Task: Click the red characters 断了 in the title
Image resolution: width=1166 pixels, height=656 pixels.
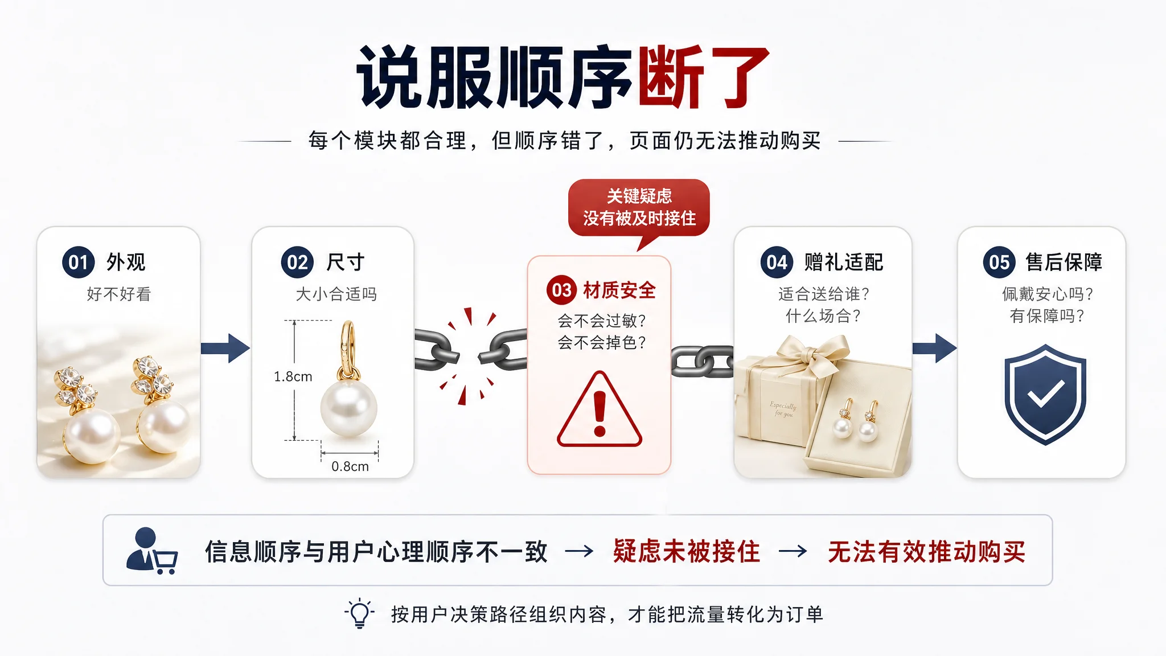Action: [x=704, y=77]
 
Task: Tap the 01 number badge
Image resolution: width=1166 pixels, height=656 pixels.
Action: [x=79, y=263]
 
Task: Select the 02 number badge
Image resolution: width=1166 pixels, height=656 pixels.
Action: [x=297, y=263]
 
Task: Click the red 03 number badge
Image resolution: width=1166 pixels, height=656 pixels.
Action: [x=562, y=290]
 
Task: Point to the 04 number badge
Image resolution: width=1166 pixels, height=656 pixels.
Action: [x=777, y=263]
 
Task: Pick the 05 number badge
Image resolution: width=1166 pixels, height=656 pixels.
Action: [x=999, y=263]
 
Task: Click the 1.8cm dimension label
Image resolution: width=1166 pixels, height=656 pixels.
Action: [x=293, y=376]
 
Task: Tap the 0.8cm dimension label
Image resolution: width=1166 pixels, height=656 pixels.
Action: [x=350, y=466]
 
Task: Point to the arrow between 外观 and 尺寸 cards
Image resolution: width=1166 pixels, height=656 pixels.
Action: [x=225, y=348]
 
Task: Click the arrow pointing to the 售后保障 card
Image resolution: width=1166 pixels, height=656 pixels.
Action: [x=934, y=348]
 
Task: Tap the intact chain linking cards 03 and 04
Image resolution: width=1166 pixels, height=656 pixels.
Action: [x=703, y=362]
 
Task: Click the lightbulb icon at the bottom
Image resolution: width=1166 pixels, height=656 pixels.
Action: [x=359, y=614]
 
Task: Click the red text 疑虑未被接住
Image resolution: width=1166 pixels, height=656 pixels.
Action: [x=687, y=551]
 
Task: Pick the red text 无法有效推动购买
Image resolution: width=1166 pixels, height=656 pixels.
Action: [x=926, y=551]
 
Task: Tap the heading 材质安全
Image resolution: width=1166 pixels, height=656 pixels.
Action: [x=619, y=290]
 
